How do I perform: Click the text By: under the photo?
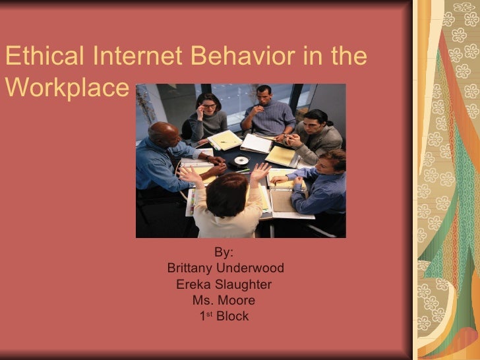tap(224, 252)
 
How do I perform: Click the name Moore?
tap(238, 301)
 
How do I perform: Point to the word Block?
tap(233, 316)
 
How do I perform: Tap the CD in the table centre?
tap(241, 160)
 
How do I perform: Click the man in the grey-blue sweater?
tap(268, 115)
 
